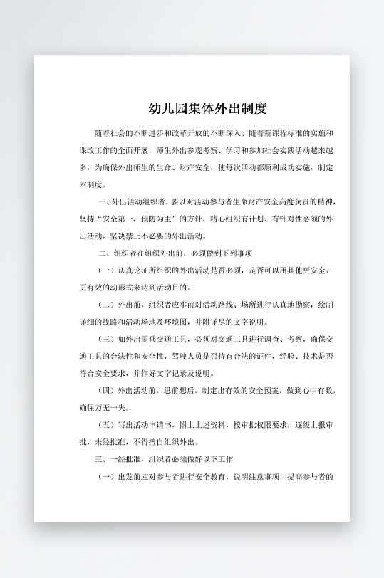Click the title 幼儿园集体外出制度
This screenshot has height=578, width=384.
pyautogui.click(x=207, y=109)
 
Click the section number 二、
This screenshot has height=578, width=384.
pyautogui.click(x=102, y=253)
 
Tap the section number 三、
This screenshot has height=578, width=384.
pyautogui.click(x=102, y=459)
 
